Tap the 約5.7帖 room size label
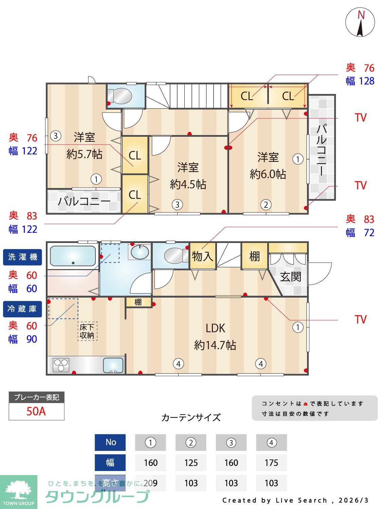click(x=84, y=154)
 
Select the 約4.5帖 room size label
click(x=188, y=185)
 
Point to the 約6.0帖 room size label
click(x=268, y=174)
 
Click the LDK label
click(x=215, y=328)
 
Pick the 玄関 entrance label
click(x=291, y=277)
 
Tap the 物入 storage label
click(x=202, y=256)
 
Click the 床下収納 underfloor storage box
click(x=87, y=331)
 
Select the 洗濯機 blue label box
click(x=22, y=257)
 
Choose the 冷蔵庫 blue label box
click(x=22, y=309)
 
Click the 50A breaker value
click(x=36, y=411)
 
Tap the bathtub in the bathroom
click(x=73, y=256)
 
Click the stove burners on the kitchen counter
click(x=61, y=365)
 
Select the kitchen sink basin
click(x=113, y=365)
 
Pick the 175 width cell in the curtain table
click(x=271, y=463)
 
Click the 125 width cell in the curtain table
click(x=191, y=463)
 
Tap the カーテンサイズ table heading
click(x=191, y=417)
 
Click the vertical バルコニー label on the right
click(x=321, y=149)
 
